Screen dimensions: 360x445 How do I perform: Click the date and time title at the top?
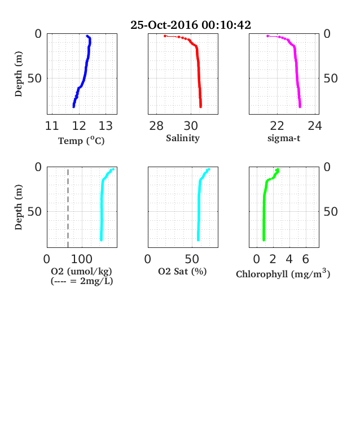click(191, 25)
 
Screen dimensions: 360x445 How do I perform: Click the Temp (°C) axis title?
click(81, 141)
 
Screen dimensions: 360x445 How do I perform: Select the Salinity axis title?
click(183, 138)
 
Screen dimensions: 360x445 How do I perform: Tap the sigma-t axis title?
click(284, 138)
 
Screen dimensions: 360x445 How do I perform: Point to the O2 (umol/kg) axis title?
click(81, 271)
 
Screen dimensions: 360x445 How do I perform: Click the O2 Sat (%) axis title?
click(182, 271)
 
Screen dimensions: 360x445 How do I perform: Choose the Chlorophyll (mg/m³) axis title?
click(283, 273)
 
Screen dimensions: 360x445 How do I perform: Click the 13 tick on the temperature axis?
click(106, 126)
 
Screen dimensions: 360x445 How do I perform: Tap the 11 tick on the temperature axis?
click(52, 126)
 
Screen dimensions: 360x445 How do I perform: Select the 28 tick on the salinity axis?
click(156, 126)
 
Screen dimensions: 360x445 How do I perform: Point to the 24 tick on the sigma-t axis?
click(315, 126)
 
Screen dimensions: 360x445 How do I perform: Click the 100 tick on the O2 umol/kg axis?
click(82, 259)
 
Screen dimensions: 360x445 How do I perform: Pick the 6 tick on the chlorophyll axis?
click(305, 259)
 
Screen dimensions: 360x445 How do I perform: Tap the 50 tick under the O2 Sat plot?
click(192, 259)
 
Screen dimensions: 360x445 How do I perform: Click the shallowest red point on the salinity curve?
click(165, 36)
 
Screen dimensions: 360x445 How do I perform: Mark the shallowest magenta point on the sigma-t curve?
click(267, 36)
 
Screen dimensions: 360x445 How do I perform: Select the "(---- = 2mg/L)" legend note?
click(82, 281)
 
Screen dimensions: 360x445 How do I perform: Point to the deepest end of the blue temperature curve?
click(73, 107)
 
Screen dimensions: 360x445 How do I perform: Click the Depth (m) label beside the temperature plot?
click(19, 74)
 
